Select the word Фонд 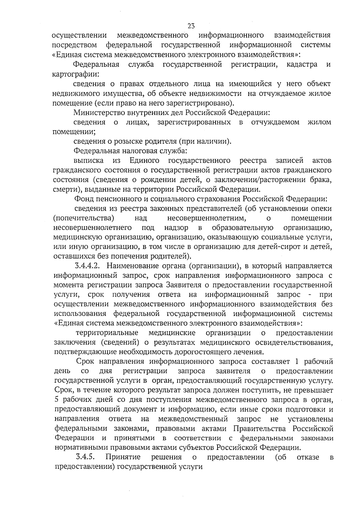82,199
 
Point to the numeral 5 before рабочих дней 57,400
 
